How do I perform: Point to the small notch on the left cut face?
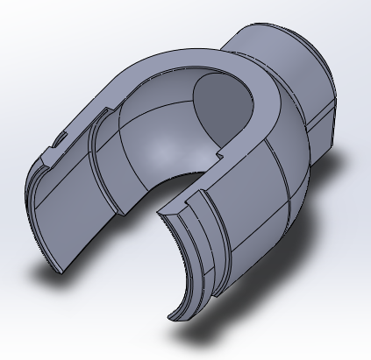click(60, 138)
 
